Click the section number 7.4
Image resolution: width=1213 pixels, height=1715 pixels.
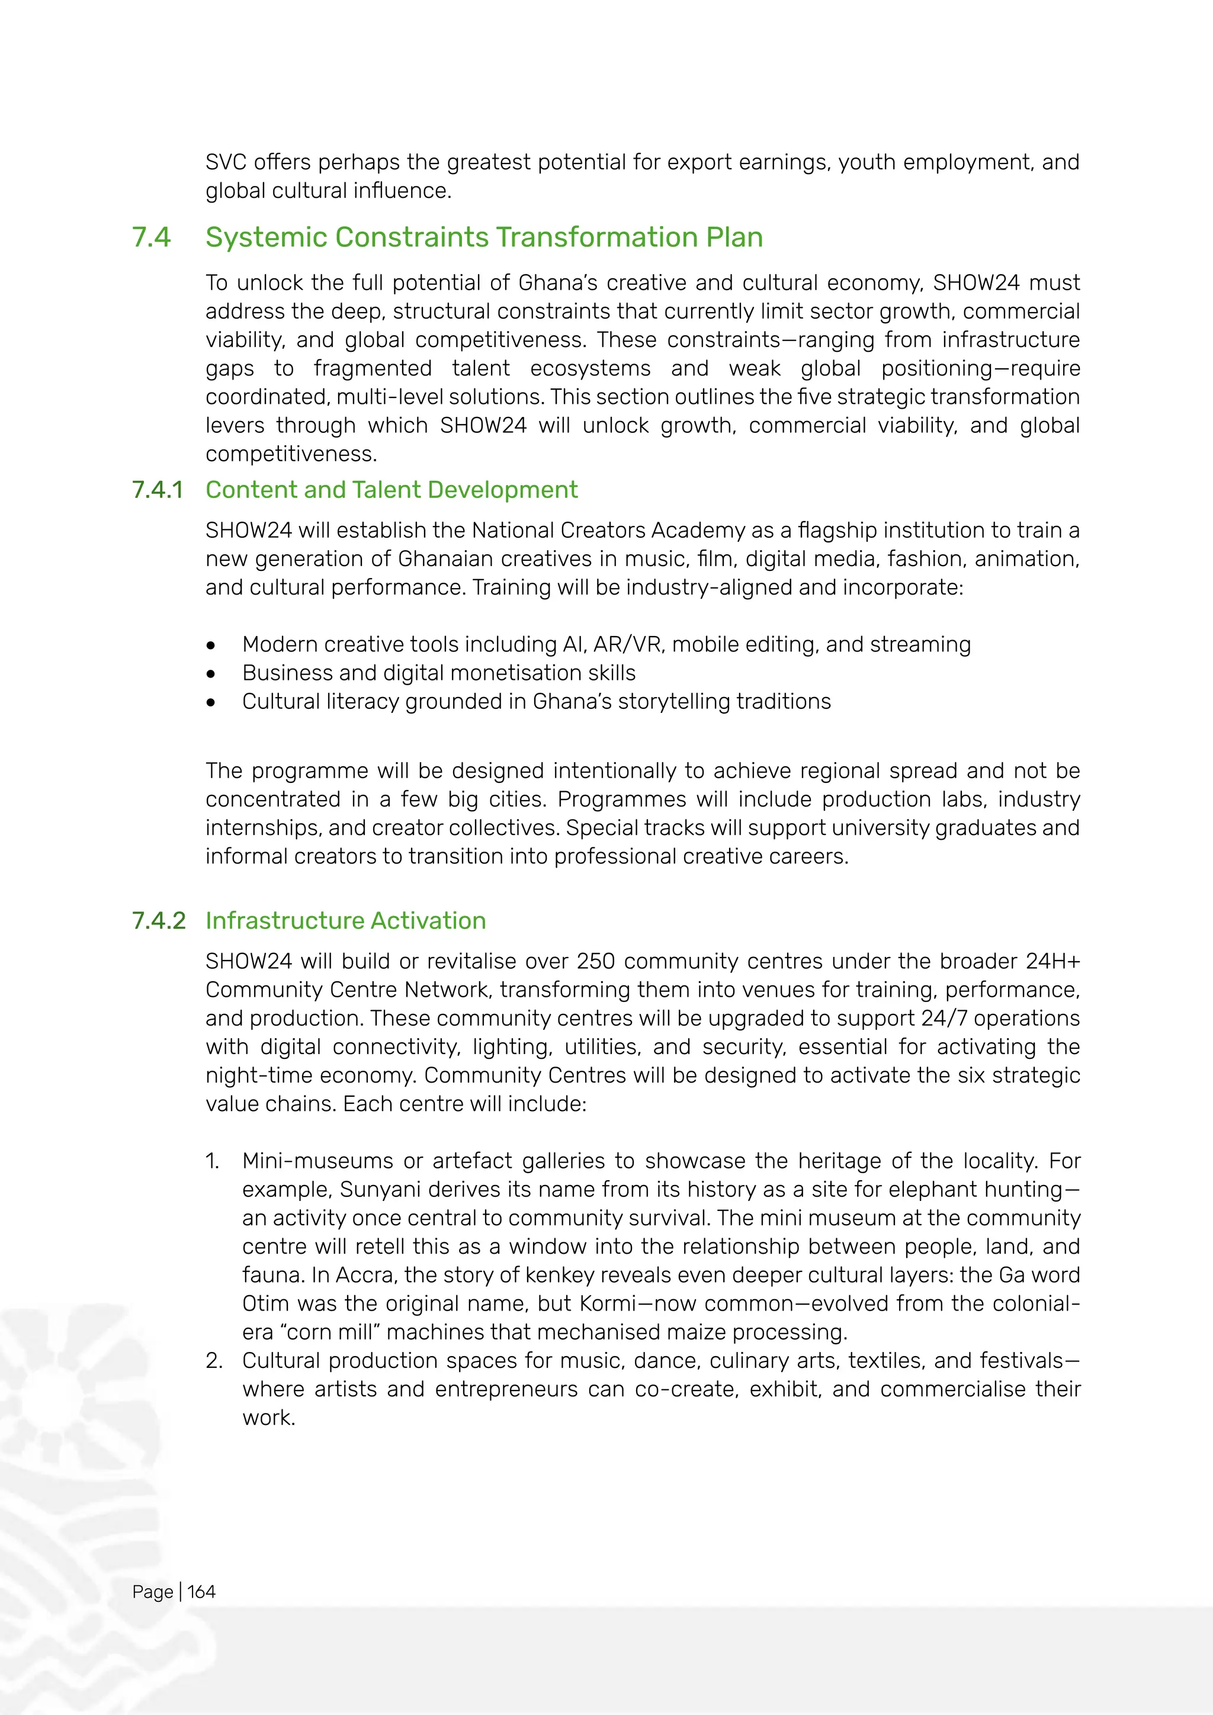click(x=151, y=237)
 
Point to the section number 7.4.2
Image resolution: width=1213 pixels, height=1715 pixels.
click(x=158, y=921)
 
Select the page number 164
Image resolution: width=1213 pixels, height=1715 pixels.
click(x=201, y=1592)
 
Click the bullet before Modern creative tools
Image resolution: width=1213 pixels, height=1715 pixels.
click(x=211, y=645)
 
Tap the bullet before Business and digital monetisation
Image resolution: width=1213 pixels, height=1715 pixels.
click(x=211, y=674)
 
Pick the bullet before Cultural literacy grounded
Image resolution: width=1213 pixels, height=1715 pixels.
click(x=211, y=702)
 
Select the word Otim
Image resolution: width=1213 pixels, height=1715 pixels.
click(x=264, y=1303)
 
